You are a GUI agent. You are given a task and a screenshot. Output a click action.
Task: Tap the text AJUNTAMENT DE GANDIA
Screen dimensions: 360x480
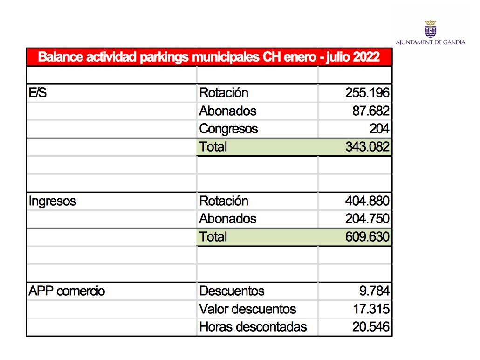click(x=430, y=42)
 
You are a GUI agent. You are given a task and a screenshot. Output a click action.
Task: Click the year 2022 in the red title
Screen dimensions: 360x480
click(x=366, y=57)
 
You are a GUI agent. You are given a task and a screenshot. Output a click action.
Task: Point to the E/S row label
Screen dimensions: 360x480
click(x=38, y=93)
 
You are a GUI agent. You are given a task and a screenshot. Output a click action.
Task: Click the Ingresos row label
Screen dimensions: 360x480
click(x=52, y=201)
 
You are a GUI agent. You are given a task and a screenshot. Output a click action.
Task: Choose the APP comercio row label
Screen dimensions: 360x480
click(x=67, y=291)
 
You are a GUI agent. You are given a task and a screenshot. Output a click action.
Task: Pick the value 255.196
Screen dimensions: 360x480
click(x=367, y=93)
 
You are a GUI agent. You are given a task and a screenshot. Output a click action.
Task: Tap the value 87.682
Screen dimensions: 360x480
click(x=370, y=111)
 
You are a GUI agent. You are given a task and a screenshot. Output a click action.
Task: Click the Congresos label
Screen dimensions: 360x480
click(x=228, y=129)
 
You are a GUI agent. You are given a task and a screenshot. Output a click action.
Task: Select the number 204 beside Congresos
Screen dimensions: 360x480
click(x=379, y=129)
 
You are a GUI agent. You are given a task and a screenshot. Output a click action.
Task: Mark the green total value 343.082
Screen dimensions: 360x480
click(x=367, y=147)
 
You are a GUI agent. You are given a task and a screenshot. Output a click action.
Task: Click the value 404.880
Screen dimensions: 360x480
click(x=367, y=201)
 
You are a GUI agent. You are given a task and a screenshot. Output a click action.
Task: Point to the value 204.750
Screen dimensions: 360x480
click(x=367, y=219)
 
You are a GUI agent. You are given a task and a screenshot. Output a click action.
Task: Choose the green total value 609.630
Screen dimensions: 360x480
click(x=367, y=237)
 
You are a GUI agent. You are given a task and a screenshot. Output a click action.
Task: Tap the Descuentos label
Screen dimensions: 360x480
click(x=231, y=291)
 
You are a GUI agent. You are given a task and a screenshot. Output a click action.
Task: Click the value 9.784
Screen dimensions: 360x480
click(x=374, y=291)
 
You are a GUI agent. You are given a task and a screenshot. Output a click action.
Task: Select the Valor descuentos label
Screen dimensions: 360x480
click(x=247, y=309)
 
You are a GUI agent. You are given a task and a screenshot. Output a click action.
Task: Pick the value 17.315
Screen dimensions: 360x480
click(x=370, y=309)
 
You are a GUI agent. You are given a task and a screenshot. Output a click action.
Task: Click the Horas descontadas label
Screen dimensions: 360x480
click(x=253, y=327)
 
